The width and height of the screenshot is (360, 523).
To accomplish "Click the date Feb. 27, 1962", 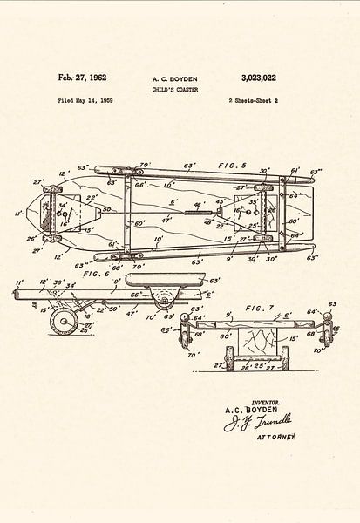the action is point(82,78).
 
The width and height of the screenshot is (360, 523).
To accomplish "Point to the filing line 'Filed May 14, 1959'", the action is point(85,102).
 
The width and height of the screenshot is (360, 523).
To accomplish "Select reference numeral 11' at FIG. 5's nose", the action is point(19,213).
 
